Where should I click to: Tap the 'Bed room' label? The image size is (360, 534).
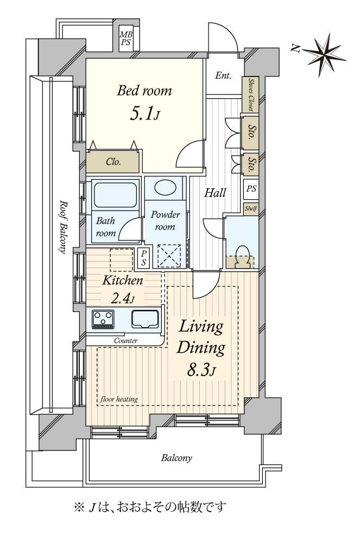pos(144,91)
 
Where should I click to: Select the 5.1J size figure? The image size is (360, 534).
pos(144,114)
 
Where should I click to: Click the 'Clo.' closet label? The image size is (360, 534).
pos(113,162)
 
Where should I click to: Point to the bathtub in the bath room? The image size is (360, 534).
pos(115,195)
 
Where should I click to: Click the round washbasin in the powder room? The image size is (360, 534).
pos(166,187)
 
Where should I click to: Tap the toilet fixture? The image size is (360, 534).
pos(242,257)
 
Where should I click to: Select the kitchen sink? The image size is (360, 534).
pos(145,319)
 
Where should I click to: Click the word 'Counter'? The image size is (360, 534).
pos(126,340)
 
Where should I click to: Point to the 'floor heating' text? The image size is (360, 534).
pos(118,399)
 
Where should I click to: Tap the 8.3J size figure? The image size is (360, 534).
pos(201,370)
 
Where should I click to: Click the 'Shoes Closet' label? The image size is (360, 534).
pos(251,94)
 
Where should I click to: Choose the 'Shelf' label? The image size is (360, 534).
pos(251,208)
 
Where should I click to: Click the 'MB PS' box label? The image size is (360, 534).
pos(126,39)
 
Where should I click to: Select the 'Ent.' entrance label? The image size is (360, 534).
pos(223,75)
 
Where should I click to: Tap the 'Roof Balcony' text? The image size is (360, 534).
pos(63,226)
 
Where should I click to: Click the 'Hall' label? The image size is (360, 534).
pos(215,193)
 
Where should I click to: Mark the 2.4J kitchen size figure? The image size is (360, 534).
pos(123,299)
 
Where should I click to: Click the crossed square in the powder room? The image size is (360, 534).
pos(169,256)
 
